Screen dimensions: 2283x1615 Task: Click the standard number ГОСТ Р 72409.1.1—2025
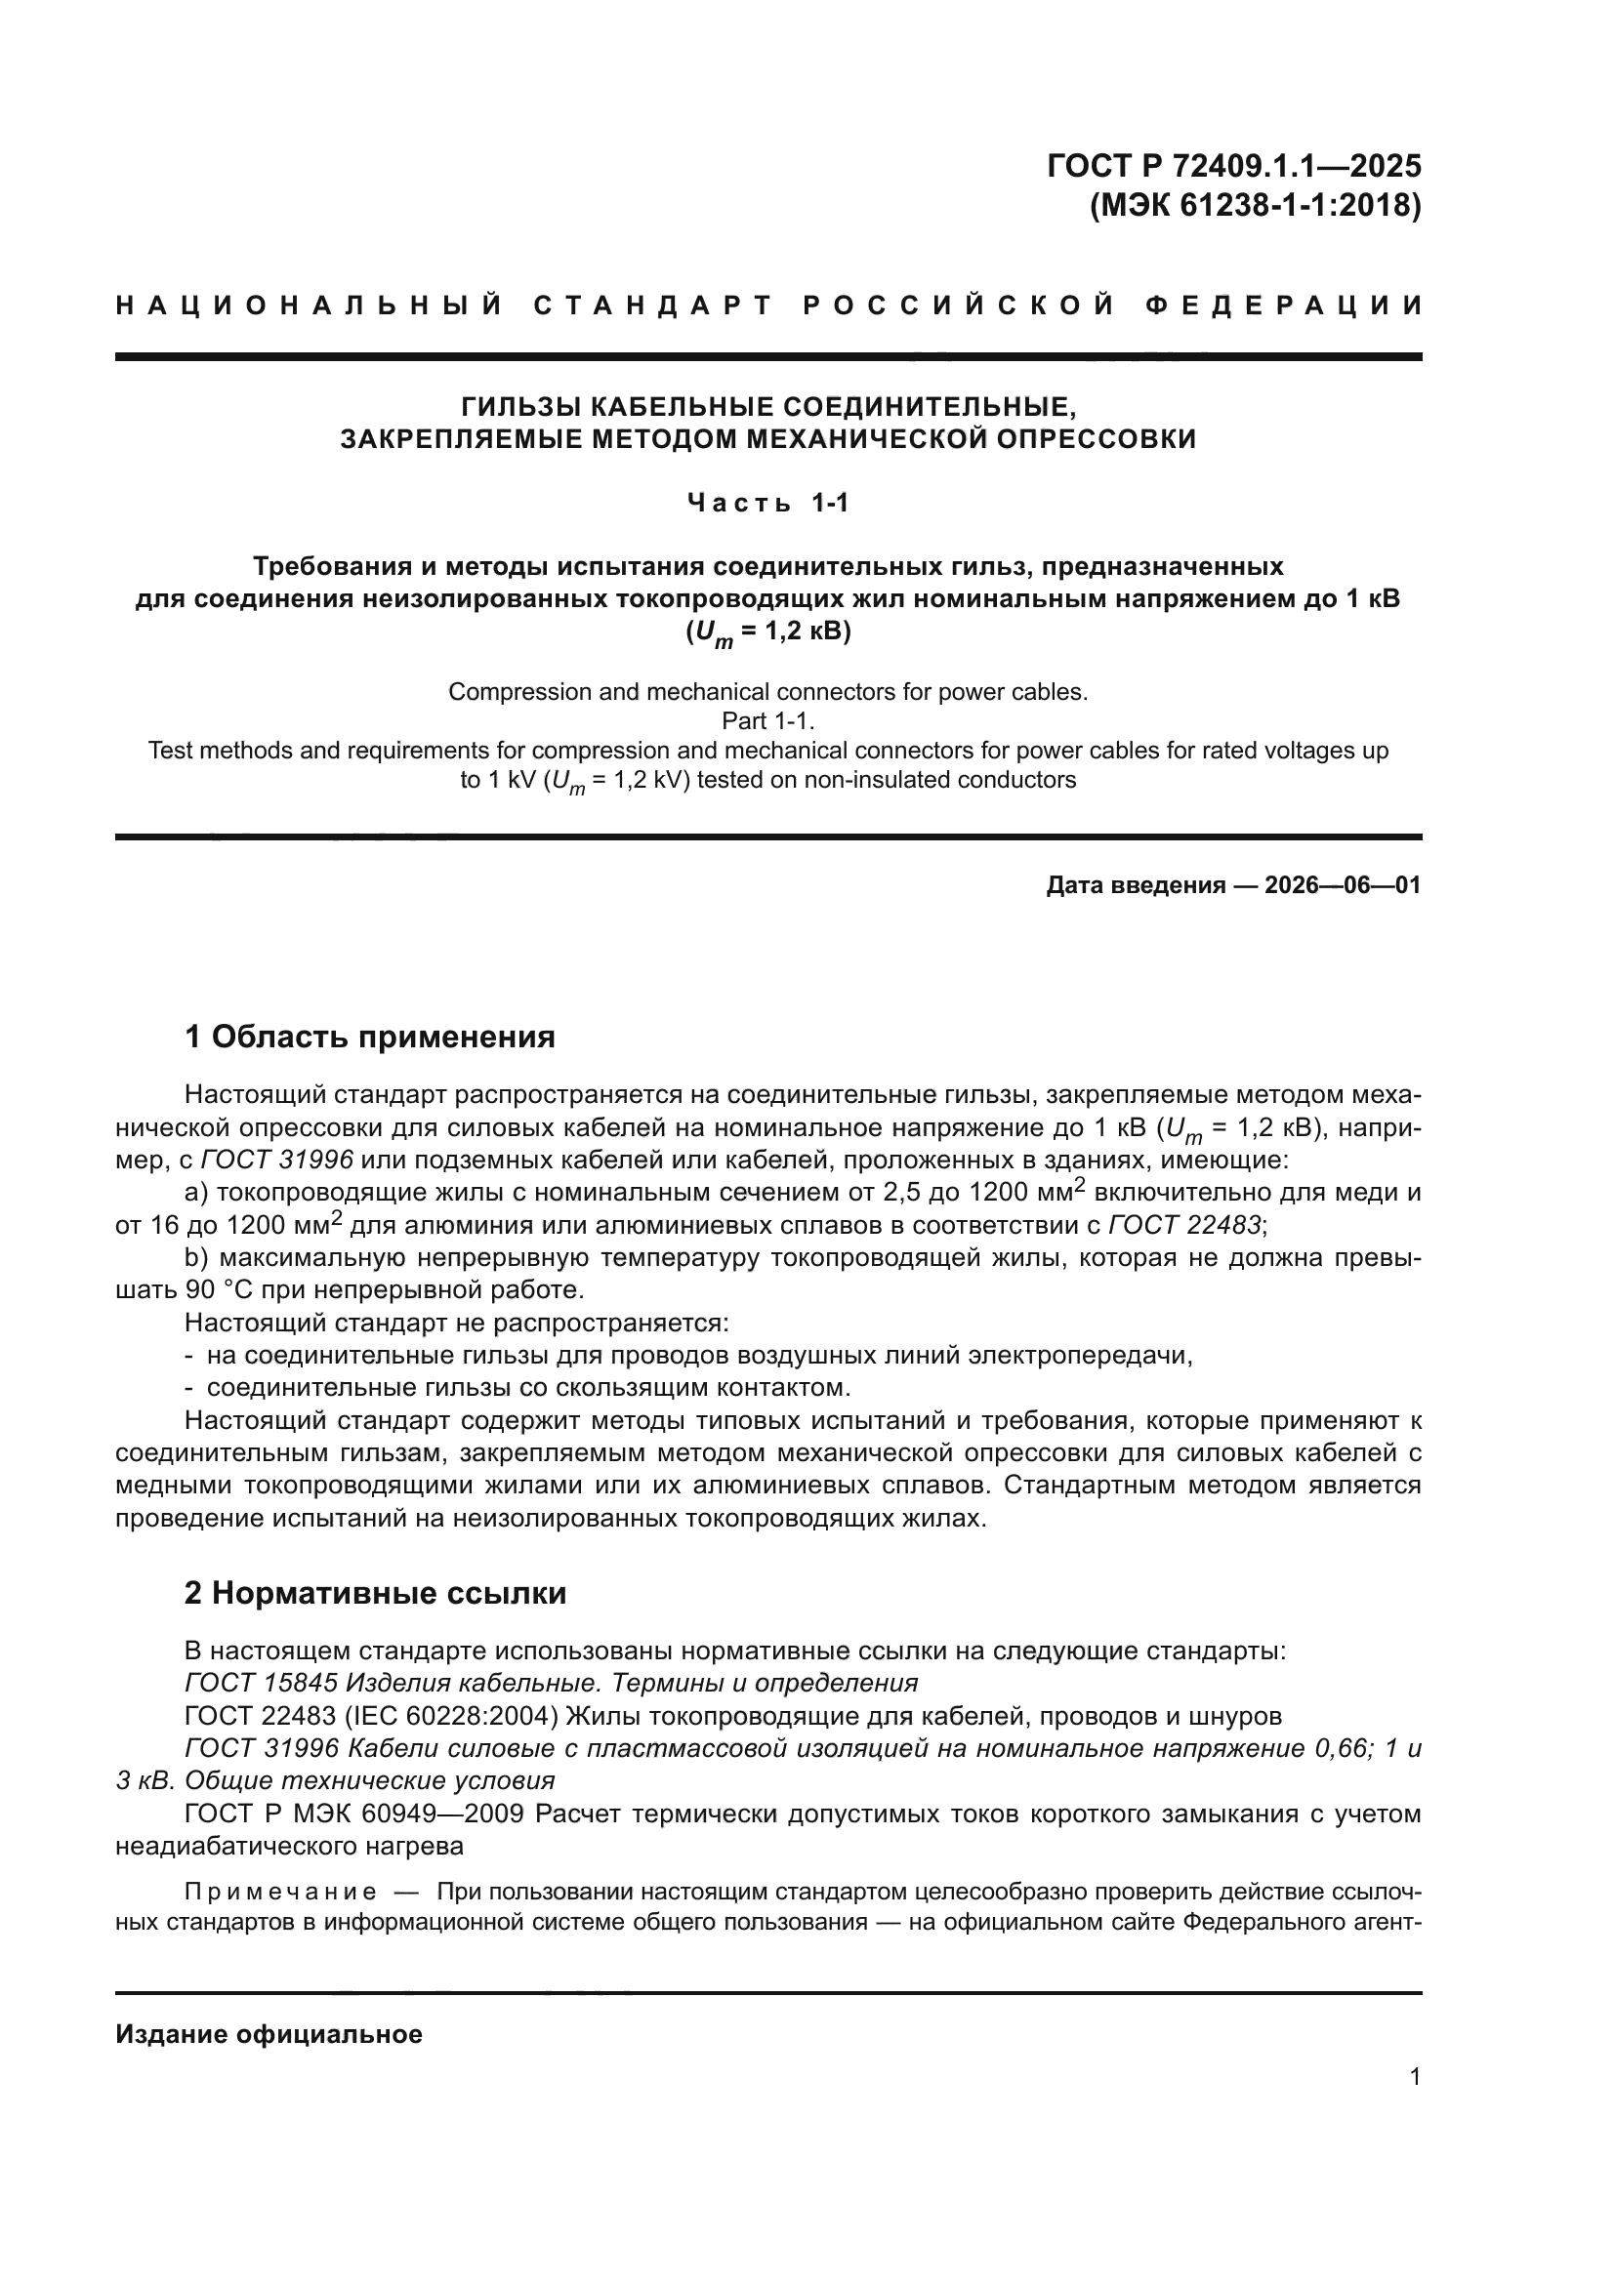1233,165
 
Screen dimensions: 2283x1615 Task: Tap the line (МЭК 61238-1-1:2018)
1255,206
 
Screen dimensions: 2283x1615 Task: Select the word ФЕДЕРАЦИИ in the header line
1284,306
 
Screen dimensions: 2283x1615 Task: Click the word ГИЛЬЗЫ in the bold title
521,407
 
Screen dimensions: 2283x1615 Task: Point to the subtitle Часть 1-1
767,503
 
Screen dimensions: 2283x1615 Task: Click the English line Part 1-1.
767,721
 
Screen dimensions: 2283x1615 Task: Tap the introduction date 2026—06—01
1342,885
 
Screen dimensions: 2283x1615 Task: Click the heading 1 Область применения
370,1038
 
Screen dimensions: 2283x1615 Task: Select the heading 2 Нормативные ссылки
375,1593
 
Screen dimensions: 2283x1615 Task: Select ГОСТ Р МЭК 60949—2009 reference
354,1814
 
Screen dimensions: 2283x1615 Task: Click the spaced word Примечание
280,1891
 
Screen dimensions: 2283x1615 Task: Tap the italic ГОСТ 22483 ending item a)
1184,1225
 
